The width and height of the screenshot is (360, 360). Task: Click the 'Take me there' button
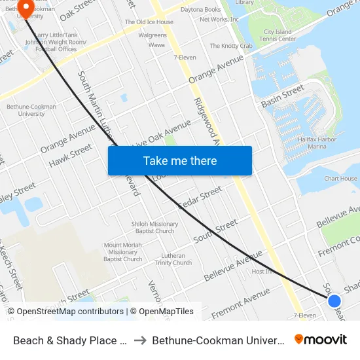(180, 160)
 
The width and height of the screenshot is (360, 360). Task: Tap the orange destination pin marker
(26, 8)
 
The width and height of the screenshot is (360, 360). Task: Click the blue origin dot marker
(334, 300)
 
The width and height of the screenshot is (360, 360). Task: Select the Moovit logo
(321, 340)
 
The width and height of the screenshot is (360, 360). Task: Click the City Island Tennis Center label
(278, 35)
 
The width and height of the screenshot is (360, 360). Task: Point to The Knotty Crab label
(231, 46)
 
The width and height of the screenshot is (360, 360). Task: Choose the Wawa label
(156, 45)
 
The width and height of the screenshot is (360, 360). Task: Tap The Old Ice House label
(149, 22)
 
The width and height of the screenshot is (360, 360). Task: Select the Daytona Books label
(200, 10)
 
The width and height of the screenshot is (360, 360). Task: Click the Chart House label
(340, 179)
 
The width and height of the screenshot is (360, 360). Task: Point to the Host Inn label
(263, 271)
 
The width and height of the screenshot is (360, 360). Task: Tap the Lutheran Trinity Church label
(173, 259)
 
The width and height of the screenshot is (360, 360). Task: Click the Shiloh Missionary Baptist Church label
(154, 227)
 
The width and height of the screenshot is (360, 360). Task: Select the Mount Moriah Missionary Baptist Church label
(123, 252)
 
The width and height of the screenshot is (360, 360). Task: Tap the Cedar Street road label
(200, 199)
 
